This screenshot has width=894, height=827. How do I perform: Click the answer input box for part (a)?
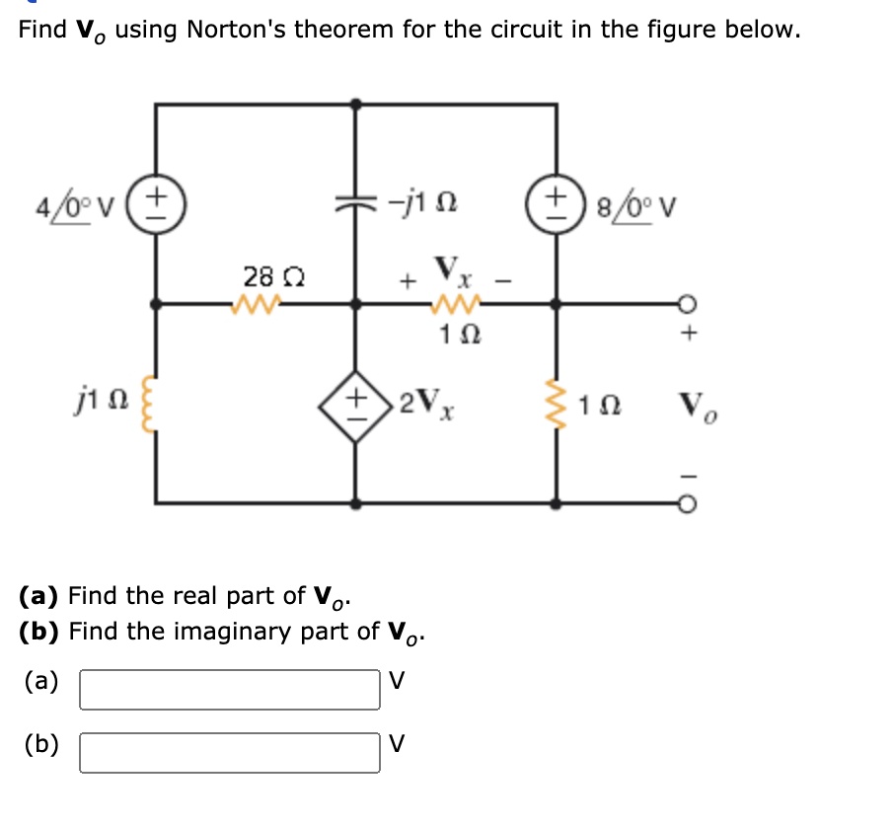tap(230, 689)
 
